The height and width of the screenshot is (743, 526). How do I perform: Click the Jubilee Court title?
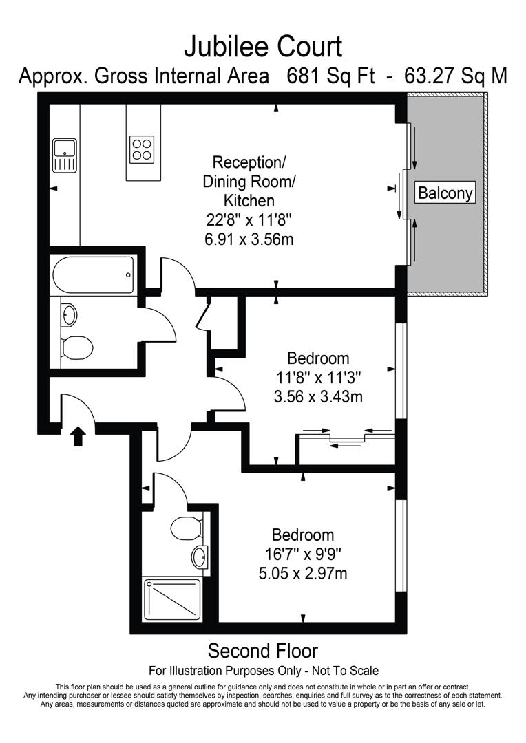click(262, 47)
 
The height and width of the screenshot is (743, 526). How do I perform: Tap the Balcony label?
click(446, 193)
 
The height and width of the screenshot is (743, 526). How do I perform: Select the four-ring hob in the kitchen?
click(142, 149)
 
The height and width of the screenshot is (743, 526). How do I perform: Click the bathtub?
click(93, 274)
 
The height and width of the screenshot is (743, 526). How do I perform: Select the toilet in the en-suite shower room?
click(185, 529)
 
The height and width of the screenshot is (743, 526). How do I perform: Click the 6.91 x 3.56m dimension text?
click(248, 239)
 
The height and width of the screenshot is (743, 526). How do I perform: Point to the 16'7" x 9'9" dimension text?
click(303, 553)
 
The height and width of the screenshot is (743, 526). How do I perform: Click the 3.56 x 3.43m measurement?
click(318, 396)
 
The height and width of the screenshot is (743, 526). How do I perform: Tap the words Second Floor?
click(262, 650)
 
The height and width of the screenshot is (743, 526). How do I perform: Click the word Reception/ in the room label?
click(249, 163)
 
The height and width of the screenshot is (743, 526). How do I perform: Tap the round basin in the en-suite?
click(199, 557)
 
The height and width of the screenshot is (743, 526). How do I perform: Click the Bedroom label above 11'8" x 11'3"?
click(318, 358)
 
